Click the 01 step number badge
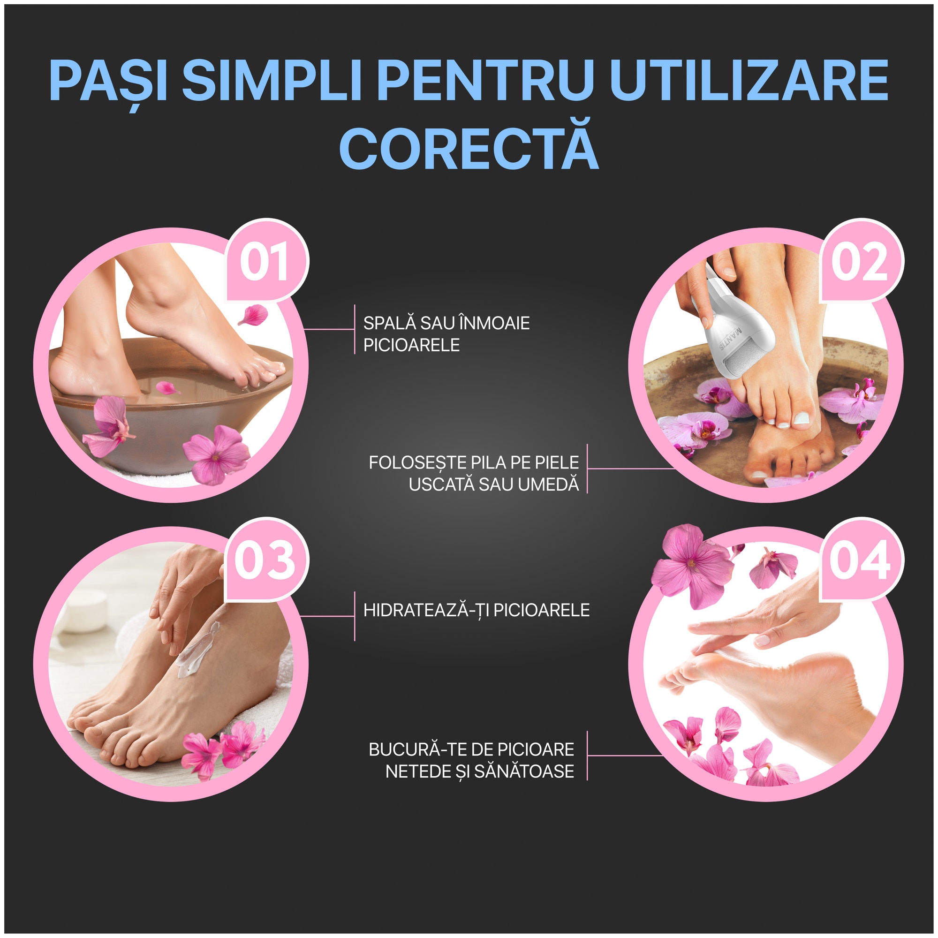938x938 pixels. pyautogui.click(x=265, y=262)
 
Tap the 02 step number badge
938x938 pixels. pyautogui.click(x=859, y=262)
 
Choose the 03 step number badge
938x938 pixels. pyautogui.click(x=265, y=560)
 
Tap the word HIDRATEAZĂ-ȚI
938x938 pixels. pyautogui.click(x=426, y=610)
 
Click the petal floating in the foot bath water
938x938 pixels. pyautogui.click(x=167, y=388)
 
